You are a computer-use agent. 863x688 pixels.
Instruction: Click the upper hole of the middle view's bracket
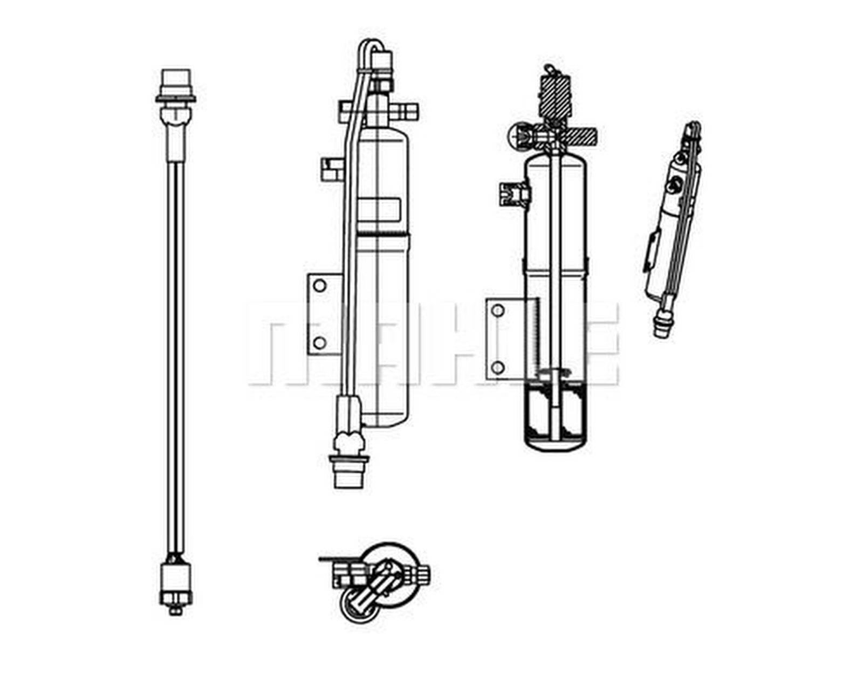coord(320,286)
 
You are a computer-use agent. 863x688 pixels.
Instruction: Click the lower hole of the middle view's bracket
coord(320,342)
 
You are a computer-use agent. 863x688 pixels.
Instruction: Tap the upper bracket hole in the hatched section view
coord(498,311)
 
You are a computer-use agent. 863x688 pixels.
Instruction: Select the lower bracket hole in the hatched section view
coord(498,368)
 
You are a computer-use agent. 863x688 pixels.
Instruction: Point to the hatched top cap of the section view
coord(556,94)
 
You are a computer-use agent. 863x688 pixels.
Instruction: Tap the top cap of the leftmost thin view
coord(176,81)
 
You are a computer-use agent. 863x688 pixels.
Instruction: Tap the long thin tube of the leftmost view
coord(176,350)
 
